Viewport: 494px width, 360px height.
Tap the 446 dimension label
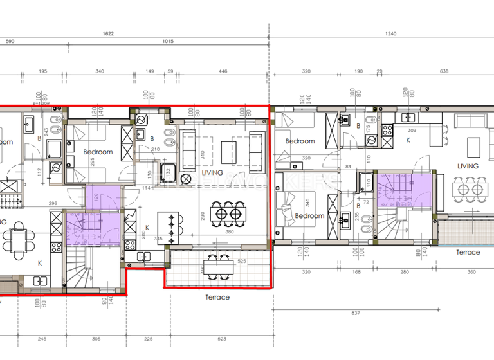223,72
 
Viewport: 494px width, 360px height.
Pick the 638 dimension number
443,72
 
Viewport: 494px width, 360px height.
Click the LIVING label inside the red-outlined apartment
212,172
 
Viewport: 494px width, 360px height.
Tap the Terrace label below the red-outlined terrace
217,297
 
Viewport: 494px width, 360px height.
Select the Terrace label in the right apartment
468,252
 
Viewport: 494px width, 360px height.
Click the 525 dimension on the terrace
242,261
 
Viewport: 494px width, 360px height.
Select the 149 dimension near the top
151,72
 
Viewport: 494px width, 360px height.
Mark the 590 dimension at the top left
10,42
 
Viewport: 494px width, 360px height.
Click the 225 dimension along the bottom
147,339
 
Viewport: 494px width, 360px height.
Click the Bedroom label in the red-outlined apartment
98,152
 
